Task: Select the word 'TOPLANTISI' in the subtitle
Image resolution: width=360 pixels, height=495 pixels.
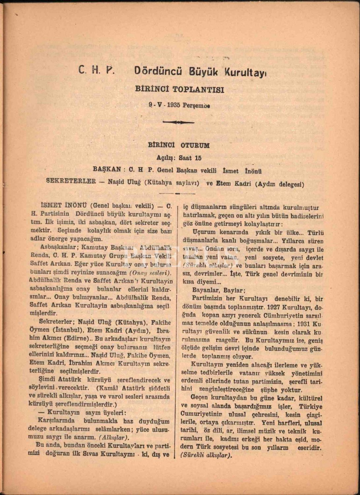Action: (202, 89)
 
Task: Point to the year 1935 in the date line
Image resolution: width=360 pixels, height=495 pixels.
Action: (174, 106)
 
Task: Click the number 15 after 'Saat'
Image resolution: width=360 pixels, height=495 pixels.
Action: (198, 158)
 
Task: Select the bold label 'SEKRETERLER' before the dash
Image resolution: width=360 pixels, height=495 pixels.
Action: (71, 181)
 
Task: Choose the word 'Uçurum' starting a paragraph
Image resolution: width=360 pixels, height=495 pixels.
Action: (204, 232)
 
